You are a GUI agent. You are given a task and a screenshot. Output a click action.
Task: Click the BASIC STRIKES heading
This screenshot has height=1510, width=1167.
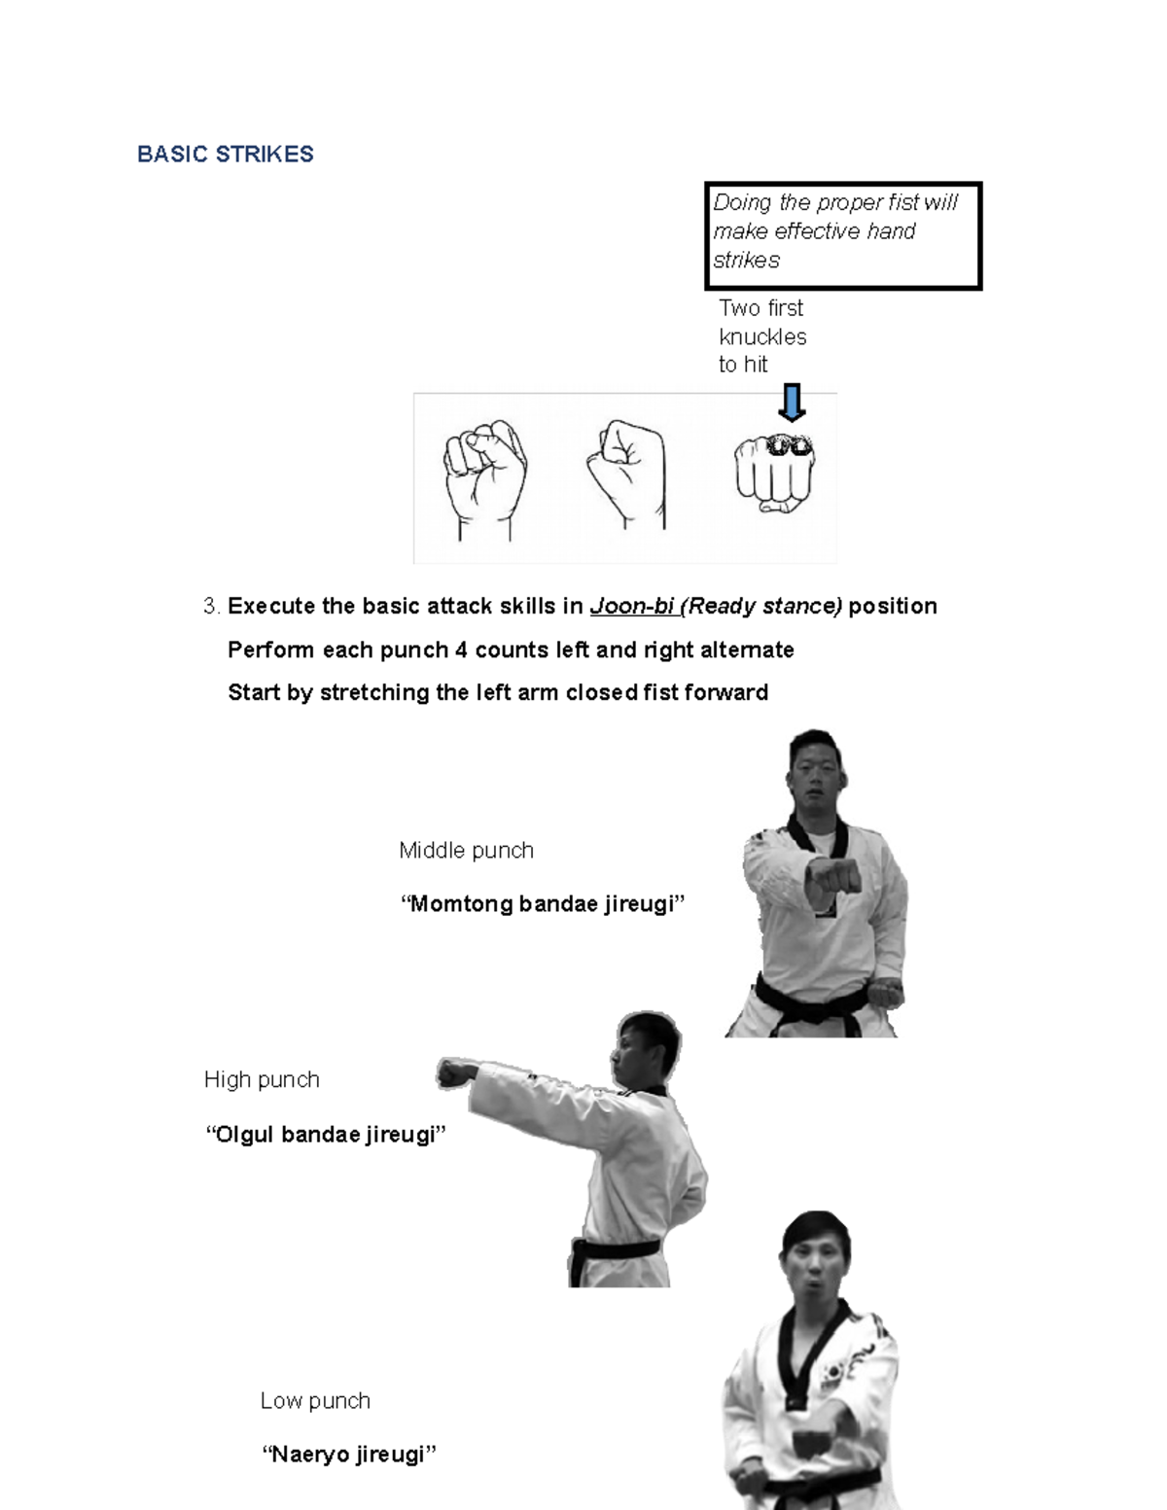click(x=225, y=155)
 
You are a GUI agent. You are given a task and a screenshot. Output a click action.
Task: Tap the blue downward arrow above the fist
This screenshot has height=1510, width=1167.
click(x=793, y=403)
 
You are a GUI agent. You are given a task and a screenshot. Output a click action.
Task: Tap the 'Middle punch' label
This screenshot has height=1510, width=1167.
click(x=466, y=851)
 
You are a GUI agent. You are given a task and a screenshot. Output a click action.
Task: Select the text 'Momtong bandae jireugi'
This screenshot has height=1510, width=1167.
click(x=543, y=904)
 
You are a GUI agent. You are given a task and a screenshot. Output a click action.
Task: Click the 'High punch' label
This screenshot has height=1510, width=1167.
click(x=262, y=1080)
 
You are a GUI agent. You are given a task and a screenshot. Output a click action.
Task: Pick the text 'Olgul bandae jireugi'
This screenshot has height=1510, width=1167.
click(x=326, y=1135)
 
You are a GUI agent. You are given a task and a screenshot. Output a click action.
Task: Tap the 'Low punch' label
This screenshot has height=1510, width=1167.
click(x=315, y=1401)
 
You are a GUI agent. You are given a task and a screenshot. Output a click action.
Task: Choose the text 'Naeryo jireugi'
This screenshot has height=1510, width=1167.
click(x=349, y=1456)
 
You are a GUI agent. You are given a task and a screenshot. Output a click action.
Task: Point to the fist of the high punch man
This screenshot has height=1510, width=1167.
click(x=453, y=1073)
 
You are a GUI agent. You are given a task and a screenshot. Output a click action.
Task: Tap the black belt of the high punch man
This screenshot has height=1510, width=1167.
click(x=617, y=1248)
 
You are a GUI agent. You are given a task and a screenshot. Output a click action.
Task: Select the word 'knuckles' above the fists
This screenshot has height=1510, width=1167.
click(x=762, y=337)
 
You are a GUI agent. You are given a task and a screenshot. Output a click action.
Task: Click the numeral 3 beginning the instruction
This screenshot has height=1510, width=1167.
click(x=210, y=607)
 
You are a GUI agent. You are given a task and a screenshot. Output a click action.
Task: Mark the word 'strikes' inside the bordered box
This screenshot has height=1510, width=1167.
click(x=746, y=261)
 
